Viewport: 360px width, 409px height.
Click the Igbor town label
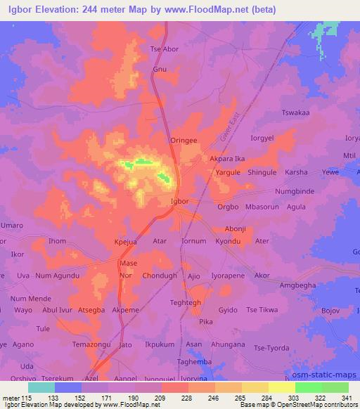[x=179, y=201]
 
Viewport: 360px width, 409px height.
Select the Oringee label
[x=184, y=141]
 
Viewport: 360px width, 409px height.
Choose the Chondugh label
[x=159, y=275]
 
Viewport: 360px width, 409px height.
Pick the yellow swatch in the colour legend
[x=281, y=387]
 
